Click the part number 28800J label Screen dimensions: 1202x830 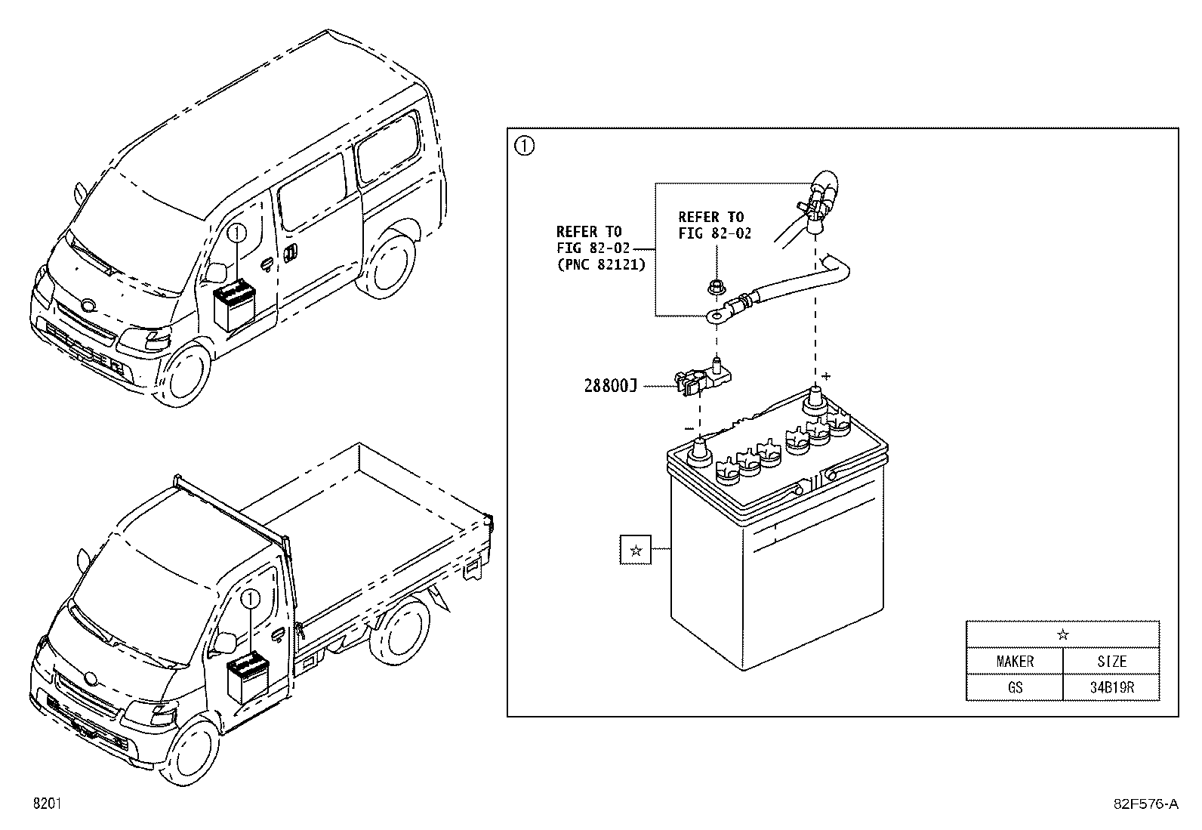click(610, 386)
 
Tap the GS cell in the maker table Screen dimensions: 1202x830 click(1015, 687)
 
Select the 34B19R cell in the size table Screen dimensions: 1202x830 click(1112, 687)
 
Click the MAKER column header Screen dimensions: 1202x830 click(1015, 661)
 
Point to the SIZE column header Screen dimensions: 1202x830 click(1112, 661)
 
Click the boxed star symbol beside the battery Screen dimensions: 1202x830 click(635, 550)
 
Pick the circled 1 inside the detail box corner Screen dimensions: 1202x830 click(524, 146)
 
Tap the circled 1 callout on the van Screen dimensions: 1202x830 click(236, 234)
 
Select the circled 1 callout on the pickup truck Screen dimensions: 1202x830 click(251, 599)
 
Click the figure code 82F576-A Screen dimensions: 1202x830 click(1146, 803)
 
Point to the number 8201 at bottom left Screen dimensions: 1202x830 click(48, 803)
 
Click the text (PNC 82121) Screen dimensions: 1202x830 click(602, 264)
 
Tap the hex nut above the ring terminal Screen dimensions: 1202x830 click(714, 287)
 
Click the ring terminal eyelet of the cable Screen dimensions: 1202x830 click(717, 316)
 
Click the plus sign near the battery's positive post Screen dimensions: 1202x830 click(826, 376)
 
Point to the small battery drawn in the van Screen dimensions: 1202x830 click(235, 305)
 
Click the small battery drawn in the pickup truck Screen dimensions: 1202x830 click(248, 677)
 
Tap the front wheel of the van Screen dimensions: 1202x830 click(183, 374)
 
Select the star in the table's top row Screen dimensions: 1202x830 click(1062, 634)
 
